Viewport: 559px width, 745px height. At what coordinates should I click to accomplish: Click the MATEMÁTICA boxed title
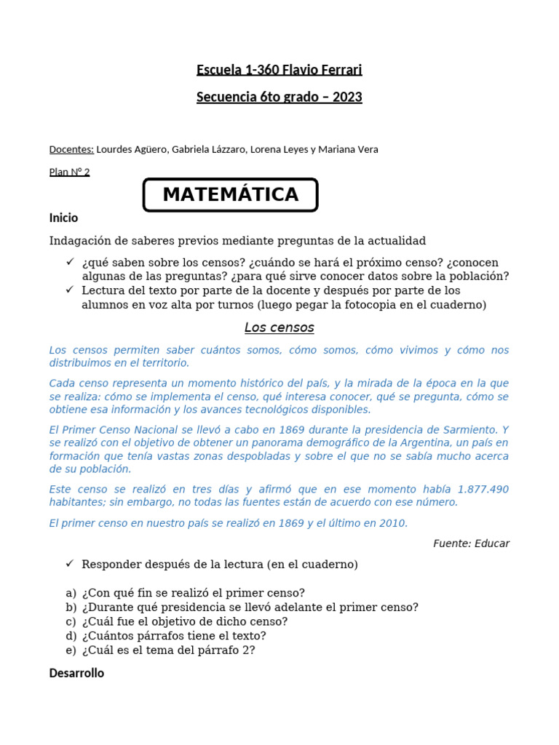tap(230, 195)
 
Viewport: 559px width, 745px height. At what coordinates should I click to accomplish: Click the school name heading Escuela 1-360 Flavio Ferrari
tap(279, 71)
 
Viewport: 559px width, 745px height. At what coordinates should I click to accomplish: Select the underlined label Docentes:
tap(71, 150)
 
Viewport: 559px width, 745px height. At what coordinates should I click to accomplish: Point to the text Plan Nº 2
tap(69, 172)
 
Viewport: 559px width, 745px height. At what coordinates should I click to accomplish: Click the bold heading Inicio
tap(63, 218)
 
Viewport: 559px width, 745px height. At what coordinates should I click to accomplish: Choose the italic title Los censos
tap(279, 327)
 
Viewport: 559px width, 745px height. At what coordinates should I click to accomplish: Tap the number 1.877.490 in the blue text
tap(483, 489)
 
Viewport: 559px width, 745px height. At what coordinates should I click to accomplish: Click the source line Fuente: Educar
tap(471, 543)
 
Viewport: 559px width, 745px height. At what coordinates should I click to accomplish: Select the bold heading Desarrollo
tap(76, 673)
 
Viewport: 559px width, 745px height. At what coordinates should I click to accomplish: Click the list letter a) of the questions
tap(71, 593)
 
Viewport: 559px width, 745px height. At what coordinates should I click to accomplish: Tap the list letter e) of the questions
tap(71, 650)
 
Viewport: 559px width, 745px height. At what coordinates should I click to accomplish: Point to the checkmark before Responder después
tap(70, 564)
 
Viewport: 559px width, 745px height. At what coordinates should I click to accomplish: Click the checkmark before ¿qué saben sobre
tap(70, 262)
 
